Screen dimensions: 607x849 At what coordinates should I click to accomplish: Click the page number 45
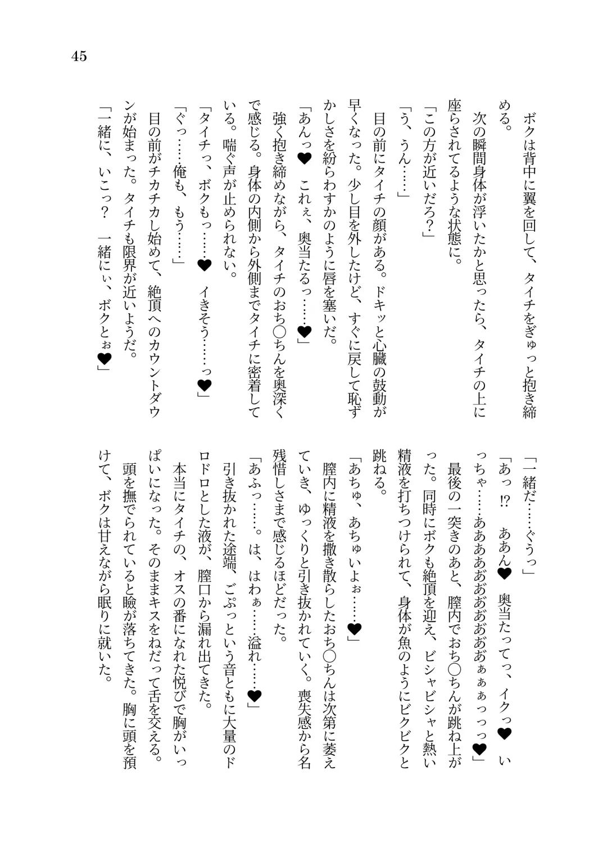coord(79,56)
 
